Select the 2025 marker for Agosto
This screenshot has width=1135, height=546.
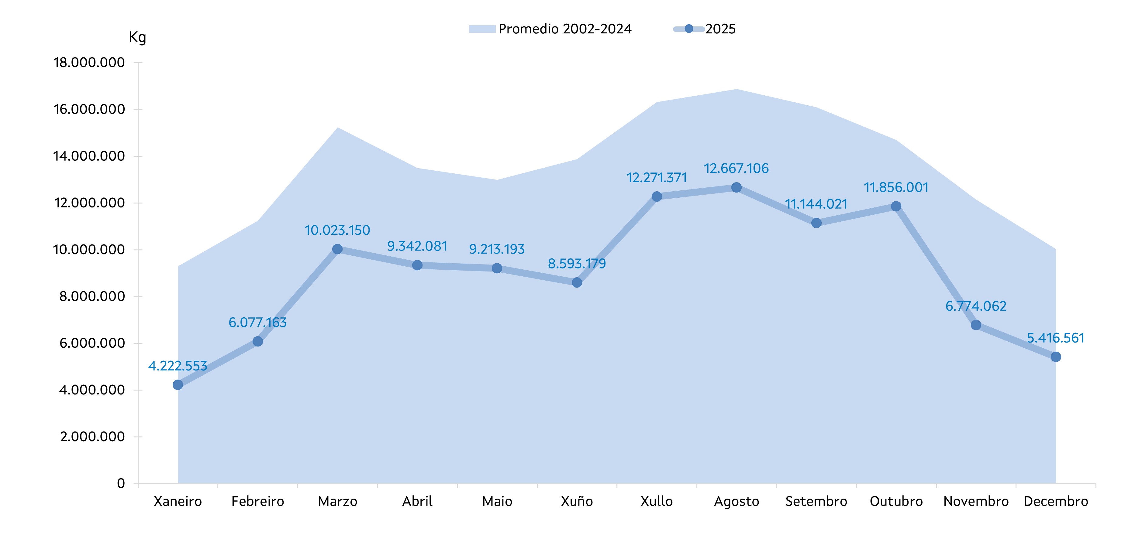(x=736, y=188)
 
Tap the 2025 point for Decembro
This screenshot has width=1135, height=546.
(x=1056, y=357)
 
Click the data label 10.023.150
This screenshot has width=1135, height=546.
(x=337, y=230)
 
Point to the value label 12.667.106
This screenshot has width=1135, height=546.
(x=736, y=169)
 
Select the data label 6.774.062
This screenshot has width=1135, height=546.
(x=976, y=306)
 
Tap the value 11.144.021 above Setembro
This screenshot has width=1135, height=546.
(x=816, y=204)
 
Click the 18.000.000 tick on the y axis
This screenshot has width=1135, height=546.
(x=89, y=63)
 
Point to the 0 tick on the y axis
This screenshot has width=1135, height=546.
(x=121, y=483)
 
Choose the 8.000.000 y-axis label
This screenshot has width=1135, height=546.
(x=92, y=296)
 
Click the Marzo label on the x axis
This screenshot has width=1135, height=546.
(x=337, y=502)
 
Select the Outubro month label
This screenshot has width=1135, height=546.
(x=896, y=502)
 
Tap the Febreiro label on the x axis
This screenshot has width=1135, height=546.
(x=258, y=502)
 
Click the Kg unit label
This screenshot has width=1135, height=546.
(x=137, y=37)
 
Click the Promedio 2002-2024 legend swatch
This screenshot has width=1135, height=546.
(x=482, y=29)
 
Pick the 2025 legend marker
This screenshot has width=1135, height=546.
(x=689, y=29)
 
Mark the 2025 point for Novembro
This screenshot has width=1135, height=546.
(x=976, y=325)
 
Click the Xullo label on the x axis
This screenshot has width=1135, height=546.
(x=657, y=502)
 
